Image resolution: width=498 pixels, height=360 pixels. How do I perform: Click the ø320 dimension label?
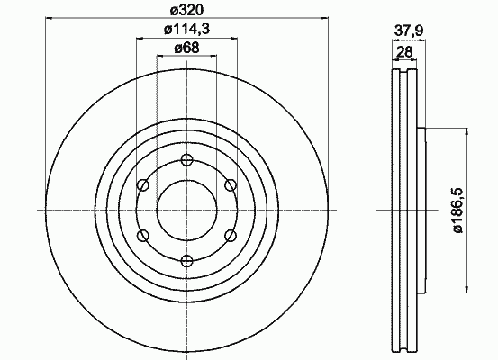tap(186, 11)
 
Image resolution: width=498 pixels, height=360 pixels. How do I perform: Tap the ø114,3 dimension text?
tap(186, 30)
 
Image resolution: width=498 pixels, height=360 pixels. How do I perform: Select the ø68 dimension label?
tap(186, 48)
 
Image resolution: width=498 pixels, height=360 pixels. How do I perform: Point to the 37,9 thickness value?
tap(409, 31)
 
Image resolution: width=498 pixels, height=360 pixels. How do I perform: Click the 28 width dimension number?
tap(404, 51)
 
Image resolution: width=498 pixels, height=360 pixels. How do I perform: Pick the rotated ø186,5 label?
tap(458, 211)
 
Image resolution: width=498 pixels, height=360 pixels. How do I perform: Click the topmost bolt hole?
tap(186, 159)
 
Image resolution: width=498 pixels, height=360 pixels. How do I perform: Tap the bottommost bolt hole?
tap(186, 261)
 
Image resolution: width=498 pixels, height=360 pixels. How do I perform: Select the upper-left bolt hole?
tap(143, 185)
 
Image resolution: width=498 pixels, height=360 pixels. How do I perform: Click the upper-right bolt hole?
tap(231, 185)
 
